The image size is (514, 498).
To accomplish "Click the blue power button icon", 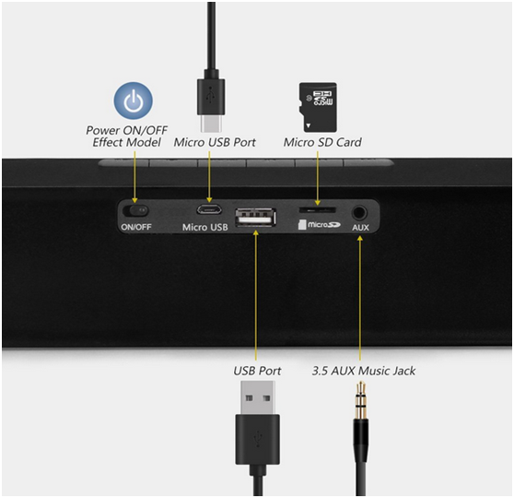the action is point(133,101).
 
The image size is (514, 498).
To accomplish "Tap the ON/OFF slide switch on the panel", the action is point(135,210).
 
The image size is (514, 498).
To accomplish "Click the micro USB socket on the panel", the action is point(209,209).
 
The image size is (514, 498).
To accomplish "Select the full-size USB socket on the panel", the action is point(255,218).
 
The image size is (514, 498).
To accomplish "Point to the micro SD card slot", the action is point(317,209).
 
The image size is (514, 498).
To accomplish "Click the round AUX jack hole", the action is point(359,213).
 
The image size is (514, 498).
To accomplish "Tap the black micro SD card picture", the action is point(318,107).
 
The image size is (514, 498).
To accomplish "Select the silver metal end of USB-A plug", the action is point(257,397).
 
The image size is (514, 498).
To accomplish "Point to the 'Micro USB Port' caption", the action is point(215,142).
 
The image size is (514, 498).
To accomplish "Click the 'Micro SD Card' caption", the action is point(322,142).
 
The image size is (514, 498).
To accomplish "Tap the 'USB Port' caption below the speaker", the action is point(257,371).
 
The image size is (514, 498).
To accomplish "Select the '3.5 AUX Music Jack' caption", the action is point(364,371).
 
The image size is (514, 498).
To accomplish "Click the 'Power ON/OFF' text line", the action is point(126,130).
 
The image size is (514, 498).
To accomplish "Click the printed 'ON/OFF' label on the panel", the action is point(136,227).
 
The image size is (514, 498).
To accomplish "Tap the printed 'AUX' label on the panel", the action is point(360,228).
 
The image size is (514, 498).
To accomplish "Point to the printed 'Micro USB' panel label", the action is point(204,227).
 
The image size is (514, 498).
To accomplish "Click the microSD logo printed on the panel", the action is point(320,224).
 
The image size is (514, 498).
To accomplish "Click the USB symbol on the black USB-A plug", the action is point(258,439).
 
